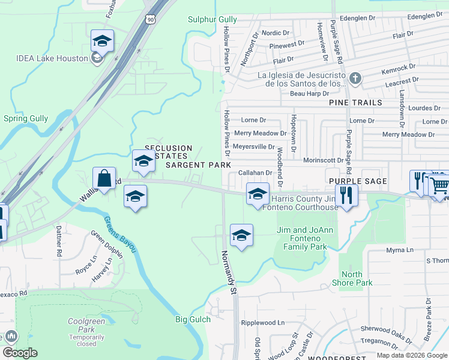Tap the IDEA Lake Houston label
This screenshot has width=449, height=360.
coord(50,58)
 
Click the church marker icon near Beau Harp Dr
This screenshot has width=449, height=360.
coord(355,79)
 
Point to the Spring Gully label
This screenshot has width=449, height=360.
coord(25,118)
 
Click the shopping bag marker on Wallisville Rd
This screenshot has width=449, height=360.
coord(104,178)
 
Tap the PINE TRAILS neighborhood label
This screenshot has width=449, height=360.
coord(355,103)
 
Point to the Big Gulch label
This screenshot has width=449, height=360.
coord(193,319)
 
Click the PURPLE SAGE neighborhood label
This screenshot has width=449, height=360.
coord(357,181)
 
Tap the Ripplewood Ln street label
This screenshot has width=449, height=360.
coord(262,322)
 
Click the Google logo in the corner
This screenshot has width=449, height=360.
coord(20,353)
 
